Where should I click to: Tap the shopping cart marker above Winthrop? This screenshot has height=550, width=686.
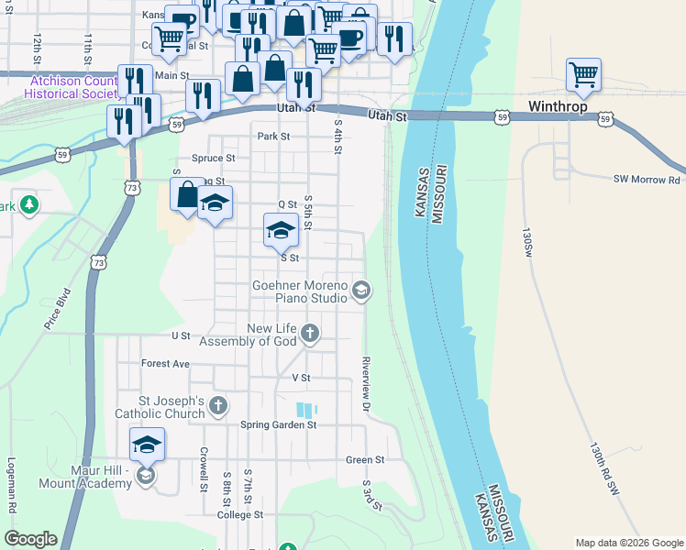tap(583, 76)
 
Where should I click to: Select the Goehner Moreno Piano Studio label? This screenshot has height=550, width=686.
tap(300, 291)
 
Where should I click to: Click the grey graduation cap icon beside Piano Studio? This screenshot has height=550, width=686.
tap(361, 291)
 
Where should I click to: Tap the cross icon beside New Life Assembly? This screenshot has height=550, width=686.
tap(310, 332)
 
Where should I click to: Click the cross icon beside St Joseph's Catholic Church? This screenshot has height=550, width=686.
tap(218, 404)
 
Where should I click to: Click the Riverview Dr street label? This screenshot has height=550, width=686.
tap(365, 383)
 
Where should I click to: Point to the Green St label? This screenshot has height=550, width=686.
tap(364, 460)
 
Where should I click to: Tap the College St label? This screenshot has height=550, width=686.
tap(240, 515)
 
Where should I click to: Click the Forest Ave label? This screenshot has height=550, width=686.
tap(165, 364)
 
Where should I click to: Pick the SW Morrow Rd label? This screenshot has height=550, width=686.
tap(647, 180)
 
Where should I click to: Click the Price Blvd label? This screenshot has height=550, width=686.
tap(57, 311)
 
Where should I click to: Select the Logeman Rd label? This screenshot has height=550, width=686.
tap(12, 485)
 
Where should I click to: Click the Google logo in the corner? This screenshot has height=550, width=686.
tap(30, 539)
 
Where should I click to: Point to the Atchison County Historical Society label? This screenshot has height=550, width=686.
tap(72, 87)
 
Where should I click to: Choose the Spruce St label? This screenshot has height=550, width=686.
tap(214, 158)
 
